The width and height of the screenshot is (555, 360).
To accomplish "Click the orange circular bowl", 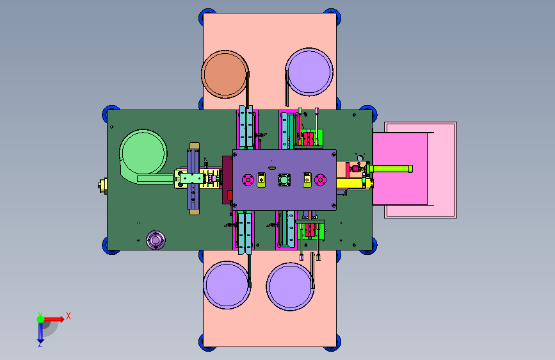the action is coord(225,74).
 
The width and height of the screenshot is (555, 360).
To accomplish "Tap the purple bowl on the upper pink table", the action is coord(309,72).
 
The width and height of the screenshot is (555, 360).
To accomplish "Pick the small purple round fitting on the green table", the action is coord(156,240).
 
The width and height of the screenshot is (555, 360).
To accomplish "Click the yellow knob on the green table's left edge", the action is coord(102,186).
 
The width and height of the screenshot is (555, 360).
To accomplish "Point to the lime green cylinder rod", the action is coord(389,169).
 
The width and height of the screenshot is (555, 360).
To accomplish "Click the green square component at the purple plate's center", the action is coord(284,179).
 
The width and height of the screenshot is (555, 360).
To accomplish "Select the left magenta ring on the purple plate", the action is coord(248,180).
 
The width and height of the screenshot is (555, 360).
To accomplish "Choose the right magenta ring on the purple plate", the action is coord(320,180).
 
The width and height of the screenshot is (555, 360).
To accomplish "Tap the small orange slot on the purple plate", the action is coord(272,168).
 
